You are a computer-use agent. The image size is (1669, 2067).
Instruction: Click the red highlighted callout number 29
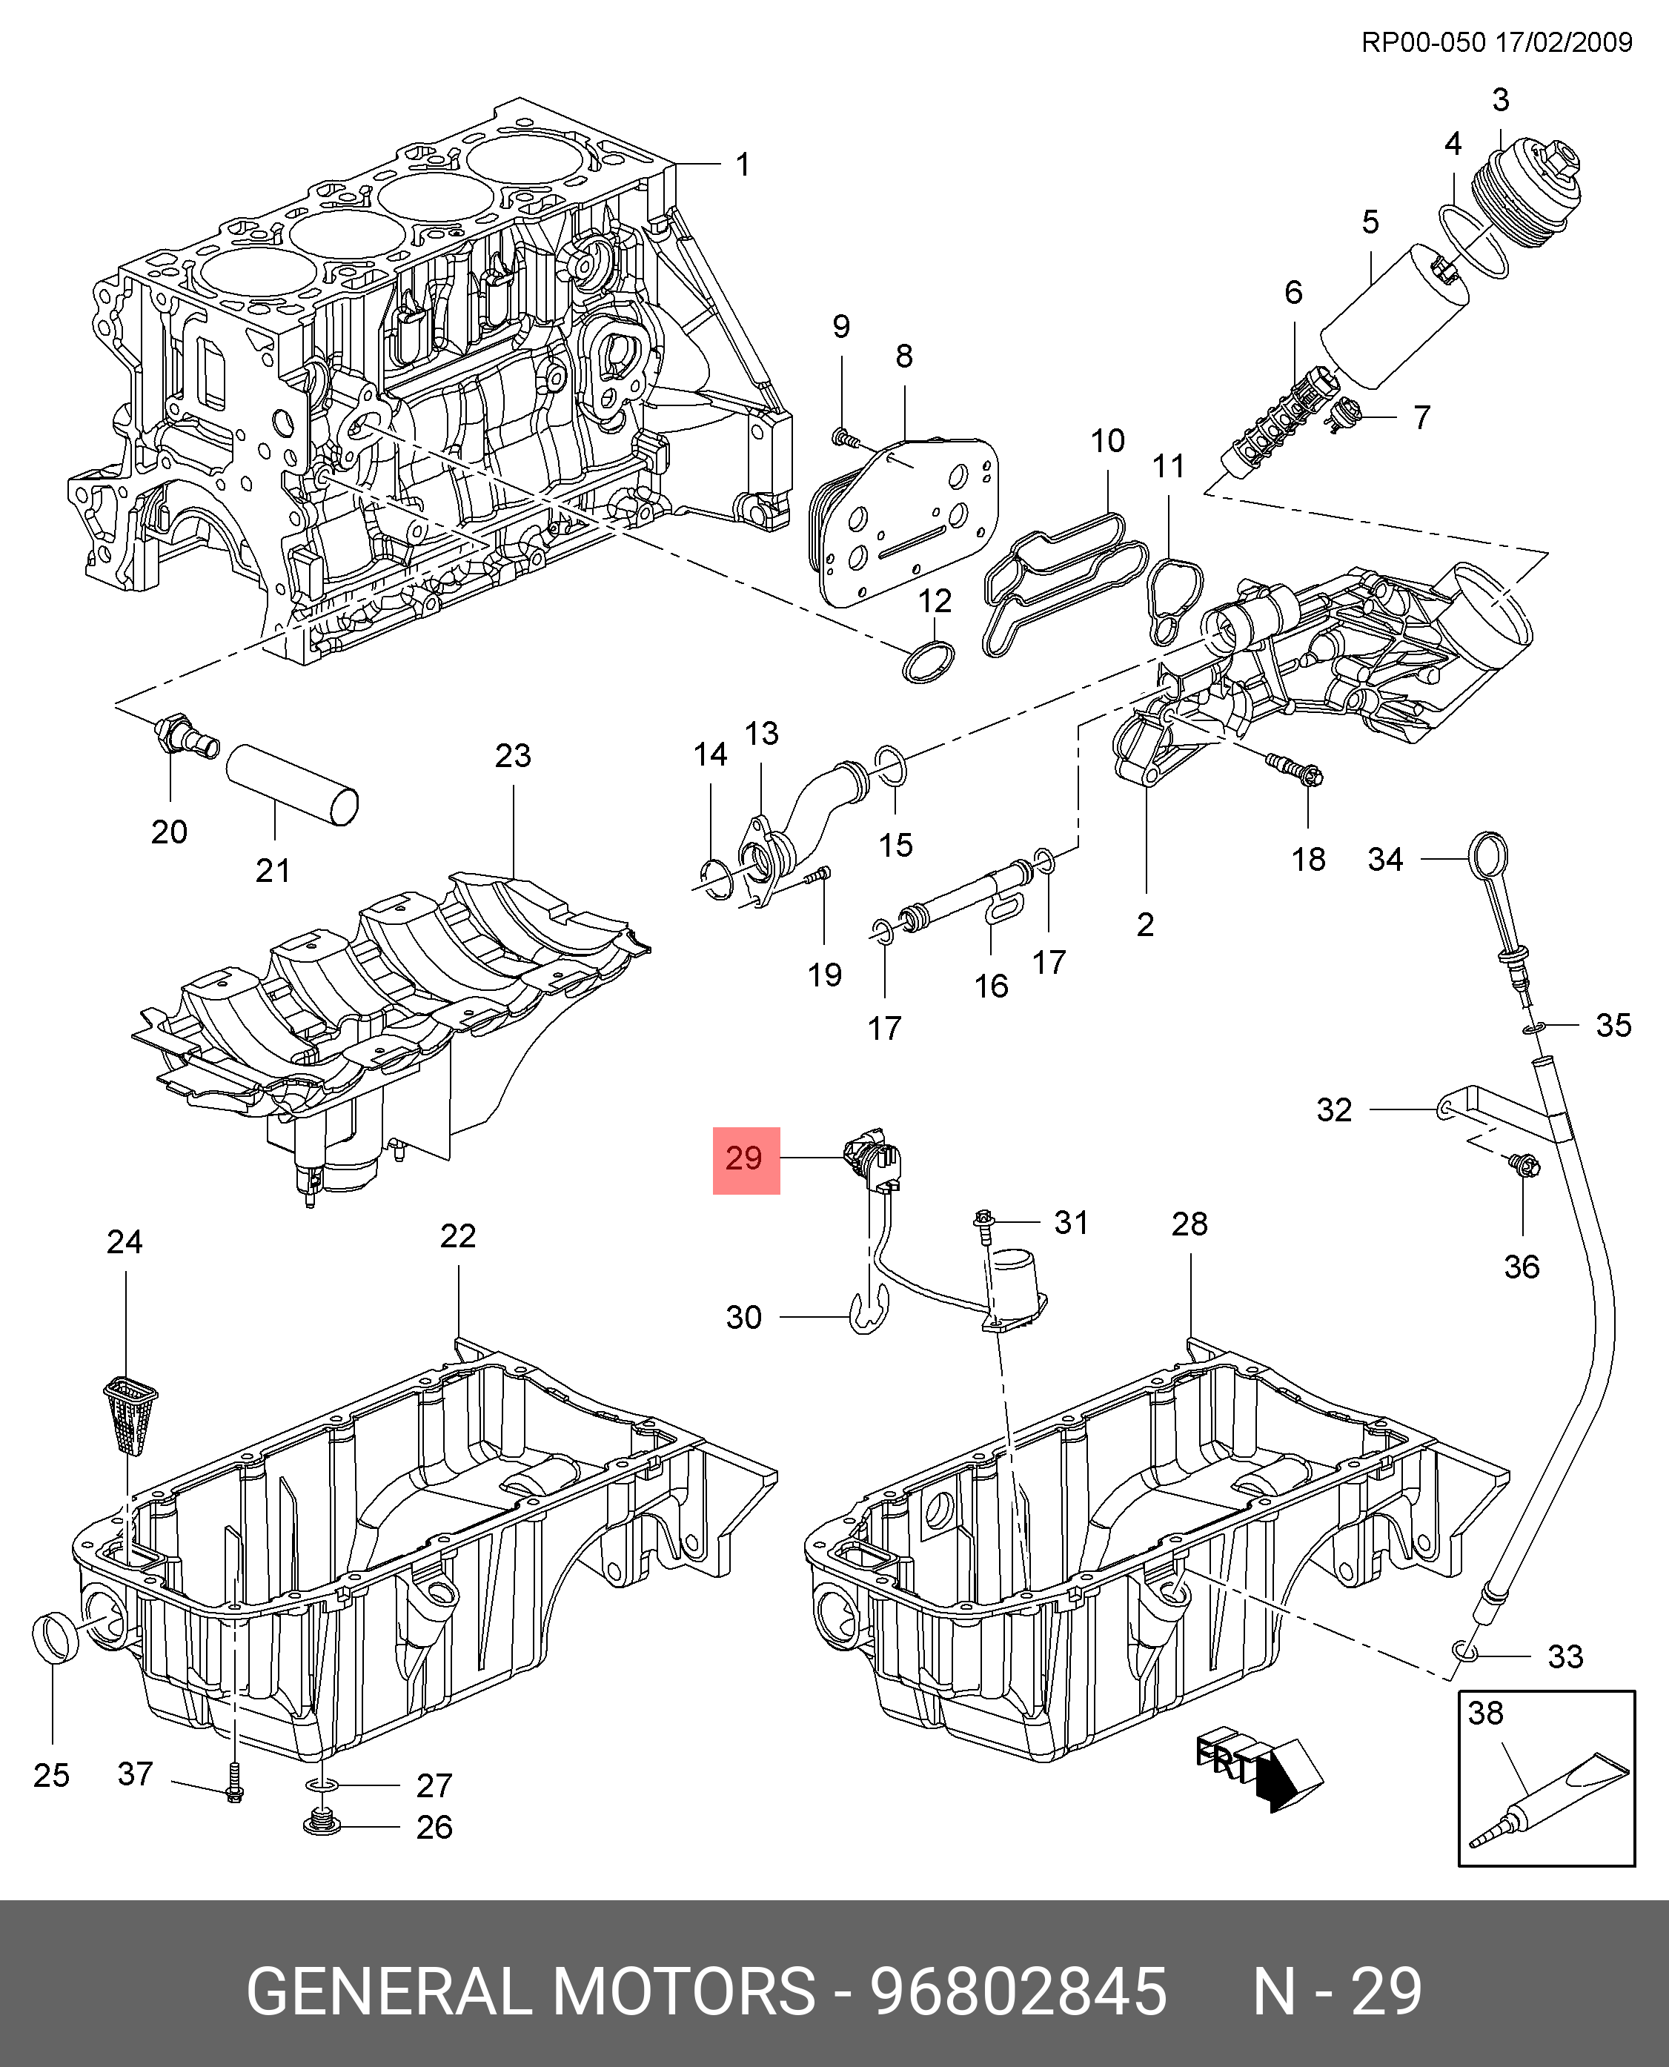click(x=745, y=1159)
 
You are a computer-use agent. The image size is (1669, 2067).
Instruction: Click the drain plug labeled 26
click(x=323, y=1824)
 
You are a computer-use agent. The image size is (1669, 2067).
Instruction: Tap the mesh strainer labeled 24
click(x=130, y=1413)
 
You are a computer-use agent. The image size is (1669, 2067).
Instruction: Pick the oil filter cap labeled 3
click(x=1536, y=190)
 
